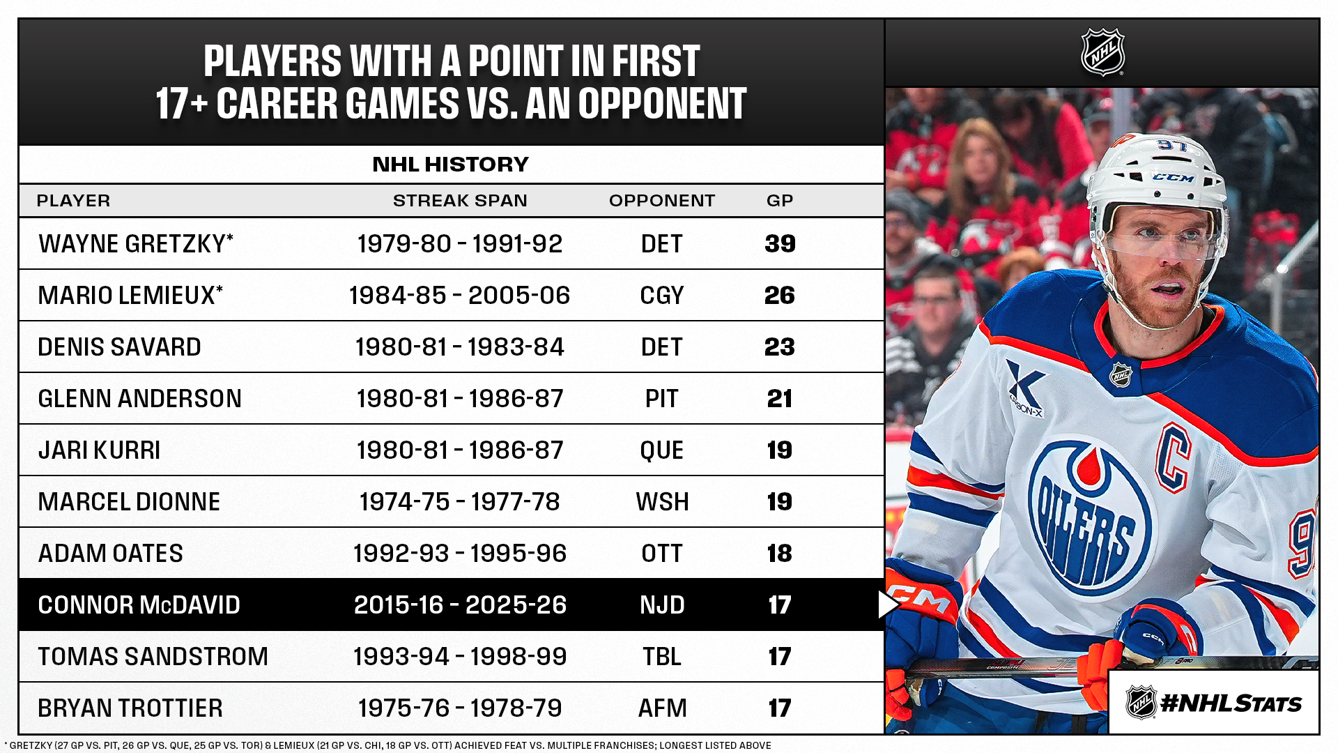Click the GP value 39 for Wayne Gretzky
point(780,243)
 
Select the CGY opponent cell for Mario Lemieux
point(662,295)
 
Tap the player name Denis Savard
point(119,347)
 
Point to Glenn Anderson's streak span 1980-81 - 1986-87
point(460,398)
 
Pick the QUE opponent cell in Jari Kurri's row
point(662,450)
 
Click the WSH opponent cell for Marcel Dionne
point(662,501)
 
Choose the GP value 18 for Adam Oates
point(780,553)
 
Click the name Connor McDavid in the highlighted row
point(139,604)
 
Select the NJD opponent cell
point(662,604)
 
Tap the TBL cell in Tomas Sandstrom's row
point(662,656)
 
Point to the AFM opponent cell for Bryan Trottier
point(662,708)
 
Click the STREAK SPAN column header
point(460,201)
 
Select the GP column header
point(780,201)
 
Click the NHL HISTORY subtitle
point(451,165)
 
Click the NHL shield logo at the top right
point(1102,52)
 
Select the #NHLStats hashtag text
point(1231,703)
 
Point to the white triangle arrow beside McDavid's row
point(887,604)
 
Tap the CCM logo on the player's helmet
point(1174,178)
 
